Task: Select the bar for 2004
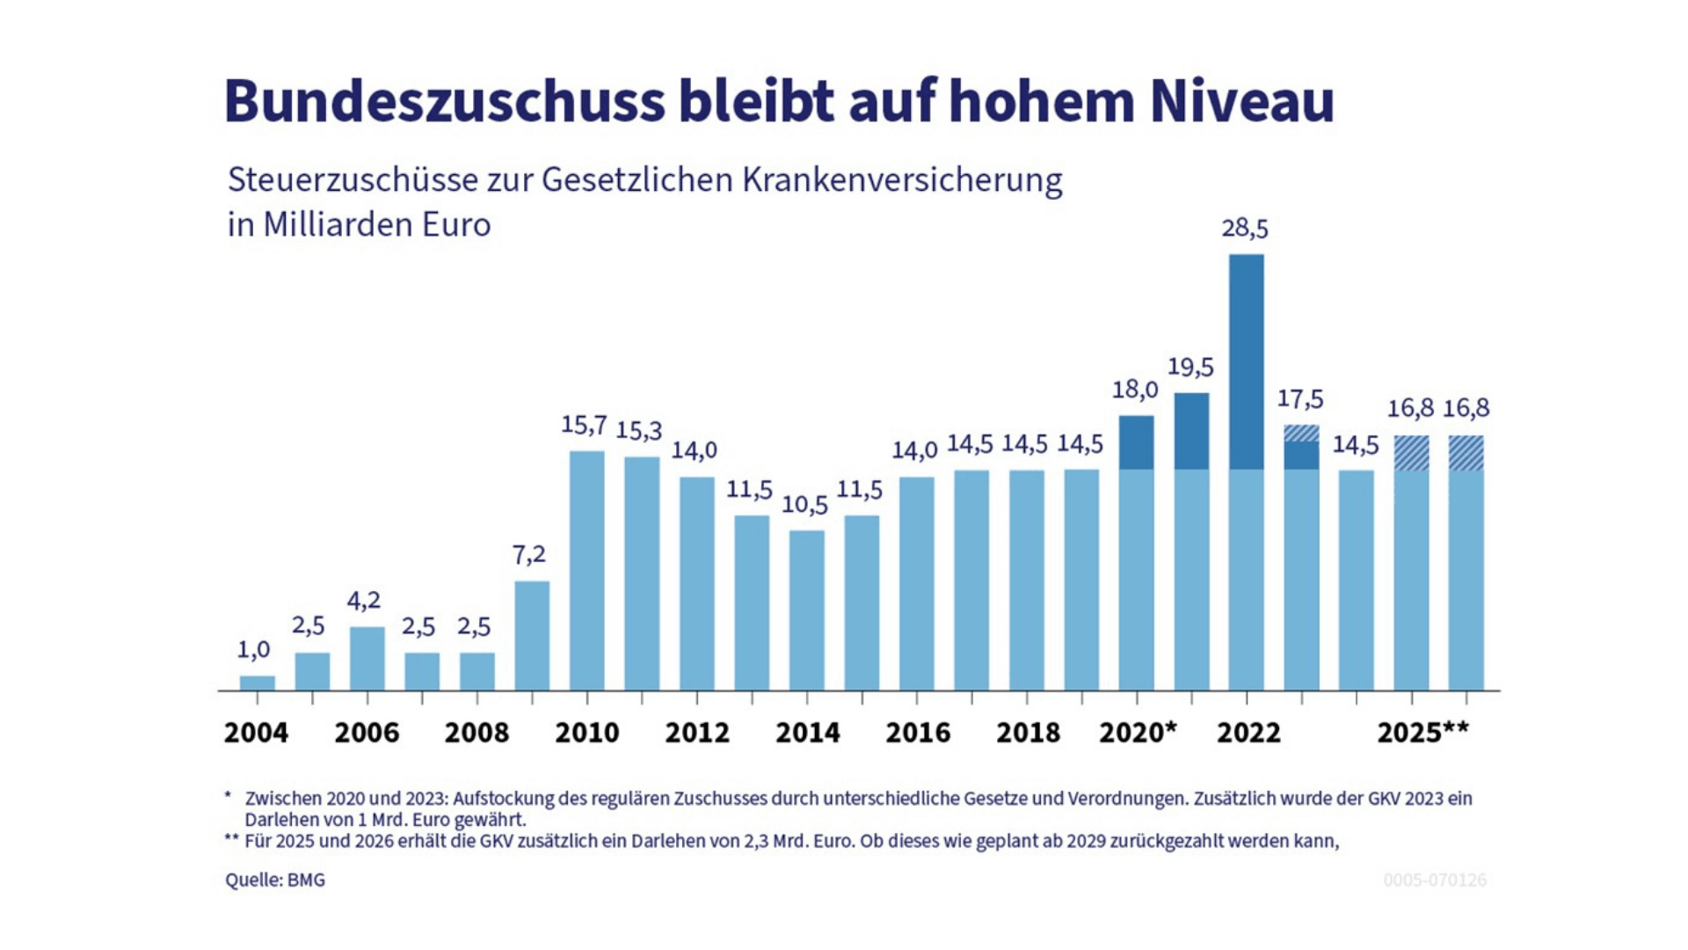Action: click(x=257, y=683)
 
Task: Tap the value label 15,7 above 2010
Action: click(x=584, y=425)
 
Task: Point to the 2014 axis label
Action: click(x=807, y=732)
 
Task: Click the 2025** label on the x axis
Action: click(x=1422, y=732)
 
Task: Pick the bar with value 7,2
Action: click(x=532, y=635)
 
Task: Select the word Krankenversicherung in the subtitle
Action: click(x=902, y=179)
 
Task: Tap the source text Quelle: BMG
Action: click(x=275, y=880)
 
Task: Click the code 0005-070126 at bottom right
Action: click(x=1435, y=880)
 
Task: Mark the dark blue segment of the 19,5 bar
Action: click(x=1191, y=431)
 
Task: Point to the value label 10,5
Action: click(x=804, y=505)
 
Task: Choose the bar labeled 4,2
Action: click(x=367, y=658)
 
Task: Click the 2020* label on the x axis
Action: click(x=1137, y=732)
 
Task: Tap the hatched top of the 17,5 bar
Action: click(x=1301, y=433)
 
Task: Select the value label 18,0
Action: click(x=1135, y=389)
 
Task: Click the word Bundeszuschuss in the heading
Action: click(x=445, y=100)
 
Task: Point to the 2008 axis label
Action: click(x=477, y=732)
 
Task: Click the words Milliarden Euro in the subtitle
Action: click(x=376, y=225)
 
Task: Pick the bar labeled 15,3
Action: click(x=642, y=572)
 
